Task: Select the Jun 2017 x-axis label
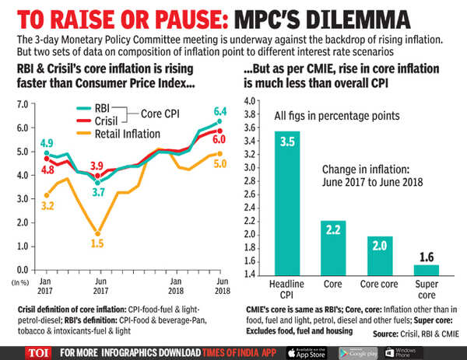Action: (x=98, y=286)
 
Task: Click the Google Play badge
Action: (x=361, y=349)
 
